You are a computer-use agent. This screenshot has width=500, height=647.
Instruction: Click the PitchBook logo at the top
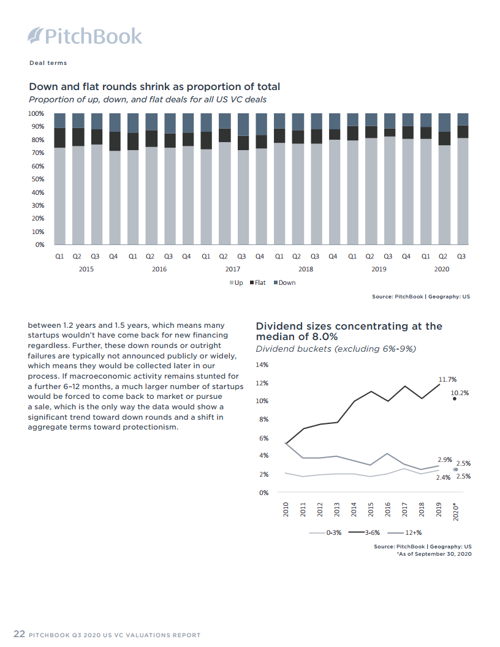(85, 36)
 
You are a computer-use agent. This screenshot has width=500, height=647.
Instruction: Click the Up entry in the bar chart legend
(237, 282)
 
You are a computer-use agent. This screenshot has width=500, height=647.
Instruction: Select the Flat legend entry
(257, 282)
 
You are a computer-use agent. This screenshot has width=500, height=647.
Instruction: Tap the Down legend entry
(284, 282)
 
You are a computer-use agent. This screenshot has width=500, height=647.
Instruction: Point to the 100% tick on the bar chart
(37, 114)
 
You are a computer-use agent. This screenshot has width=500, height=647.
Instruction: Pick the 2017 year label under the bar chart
(233, 269)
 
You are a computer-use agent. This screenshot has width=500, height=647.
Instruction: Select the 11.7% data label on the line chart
(447, 379)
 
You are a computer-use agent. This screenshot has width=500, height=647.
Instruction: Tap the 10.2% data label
(460, 393)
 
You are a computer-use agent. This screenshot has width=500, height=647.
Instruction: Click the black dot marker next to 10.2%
(455, 398)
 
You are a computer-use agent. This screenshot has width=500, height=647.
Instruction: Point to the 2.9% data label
(445, 459)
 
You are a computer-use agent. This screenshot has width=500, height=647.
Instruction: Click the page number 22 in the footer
(19, 635)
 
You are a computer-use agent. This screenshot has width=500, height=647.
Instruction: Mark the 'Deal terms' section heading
(48, 63)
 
